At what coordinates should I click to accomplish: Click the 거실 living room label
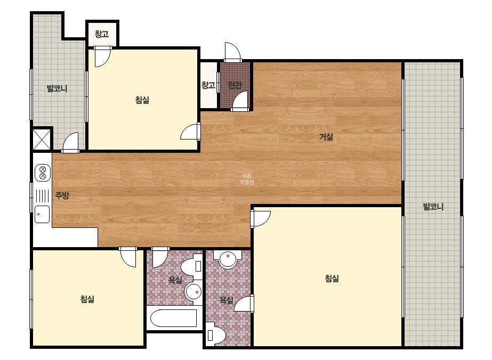[326, 137]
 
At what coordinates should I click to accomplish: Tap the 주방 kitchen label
[62, 195]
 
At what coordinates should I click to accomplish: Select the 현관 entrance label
[235, 85]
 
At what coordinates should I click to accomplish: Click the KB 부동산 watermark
[247, 179]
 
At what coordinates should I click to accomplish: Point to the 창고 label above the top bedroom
[102, 34]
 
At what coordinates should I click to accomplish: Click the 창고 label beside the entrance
[208, 85]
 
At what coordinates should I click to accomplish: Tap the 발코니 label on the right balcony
[433, 207]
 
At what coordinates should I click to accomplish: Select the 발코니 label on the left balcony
[57, 88]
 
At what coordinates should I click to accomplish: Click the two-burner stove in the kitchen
[43, 173]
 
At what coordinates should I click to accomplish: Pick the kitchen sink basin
[42, 215]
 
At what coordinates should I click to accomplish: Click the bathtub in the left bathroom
[174, 318]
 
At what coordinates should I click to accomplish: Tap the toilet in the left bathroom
[192, 267]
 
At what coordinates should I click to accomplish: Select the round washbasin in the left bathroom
[193, 292]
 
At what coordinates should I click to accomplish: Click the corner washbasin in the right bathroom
[228, 259]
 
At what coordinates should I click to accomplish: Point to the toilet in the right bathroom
[215, 334]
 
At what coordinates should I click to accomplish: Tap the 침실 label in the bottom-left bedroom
[87, 299]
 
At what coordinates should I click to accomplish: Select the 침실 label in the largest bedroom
[332, 279]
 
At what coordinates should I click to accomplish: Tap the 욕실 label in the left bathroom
[175, 280]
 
